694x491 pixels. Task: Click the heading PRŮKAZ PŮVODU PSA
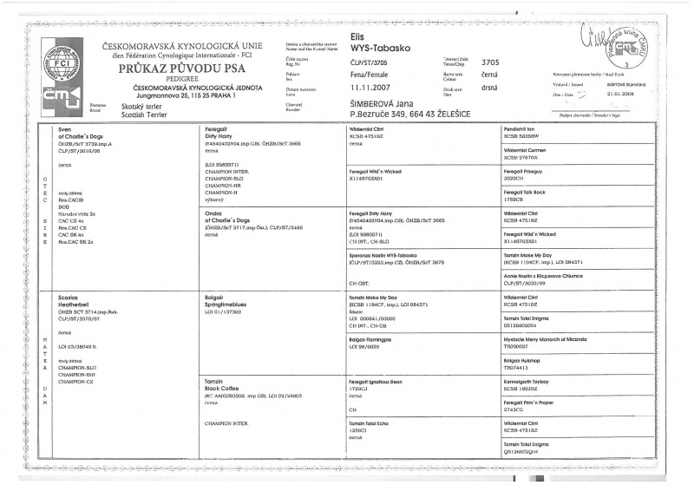click(173, 67)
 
